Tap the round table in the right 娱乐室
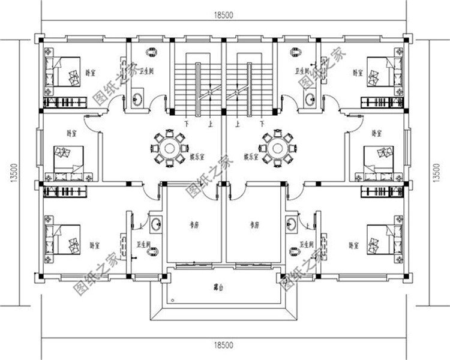click(x=277, y=147)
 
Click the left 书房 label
click(x=194, y=226)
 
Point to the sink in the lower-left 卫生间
click(x=156, y=224)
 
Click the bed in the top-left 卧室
click(x=66, y=73)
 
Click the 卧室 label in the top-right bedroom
click(x=358, y=73)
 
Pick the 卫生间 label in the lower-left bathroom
click(x=142, y=245)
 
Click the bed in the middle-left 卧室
click(x=67, y=158)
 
